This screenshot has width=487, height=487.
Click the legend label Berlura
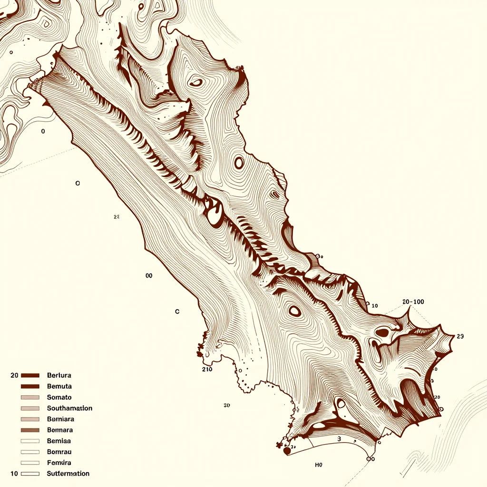coord(59,375)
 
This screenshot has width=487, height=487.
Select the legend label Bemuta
coord(59,386)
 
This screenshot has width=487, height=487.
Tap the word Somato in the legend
coord(59,397)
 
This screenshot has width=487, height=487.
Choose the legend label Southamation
coord(69,408)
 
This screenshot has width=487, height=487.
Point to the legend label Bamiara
coord(60,419)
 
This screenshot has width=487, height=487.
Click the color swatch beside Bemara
coord(30,430)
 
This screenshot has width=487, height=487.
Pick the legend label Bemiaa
coord(59,441)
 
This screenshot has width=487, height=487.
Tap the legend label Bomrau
coord(59,452)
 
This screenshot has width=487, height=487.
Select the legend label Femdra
coord(59,463)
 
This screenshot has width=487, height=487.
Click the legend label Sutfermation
coord(68,474)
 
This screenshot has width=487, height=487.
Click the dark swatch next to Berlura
coord(30,375)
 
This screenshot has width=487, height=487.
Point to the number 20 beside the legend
coord(14,375)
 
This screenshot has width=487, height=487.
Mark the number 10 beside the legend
coord(14,474)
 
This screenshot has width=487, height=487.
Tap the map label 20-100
coord(413,302)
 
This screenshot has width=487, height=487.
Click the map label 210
coord(207,369)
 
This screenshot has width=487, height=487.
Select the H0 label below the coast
coord(319,465)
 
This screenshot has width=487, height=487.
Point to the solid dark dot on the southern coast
coord(287,450)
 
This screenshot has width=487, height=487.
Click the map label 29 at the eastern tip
coord(459,336)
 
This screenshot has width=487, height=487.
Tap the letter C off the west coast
coord(177,312)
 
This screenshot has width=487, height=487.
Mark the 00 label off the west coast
coord(148,275)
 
